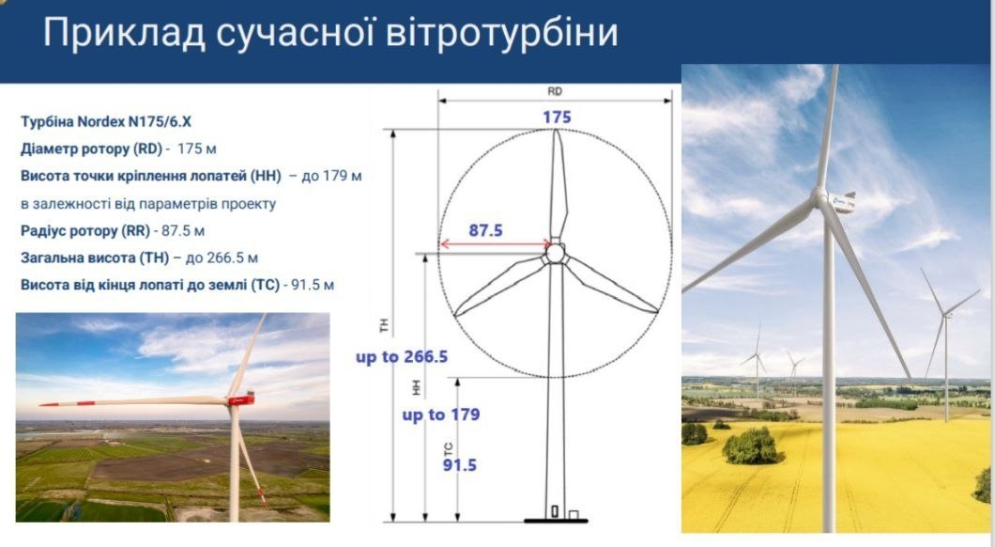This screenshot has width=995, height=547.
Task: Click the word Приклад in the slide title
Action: click(124, 33)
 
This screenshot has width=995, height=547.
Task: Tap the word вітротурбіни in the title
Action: click(501, 32)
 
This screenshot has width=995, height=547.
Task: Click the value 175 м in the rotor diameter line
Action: click(197, 148)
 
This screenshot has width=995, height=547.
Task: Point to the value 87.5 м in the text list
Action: click(183, 230)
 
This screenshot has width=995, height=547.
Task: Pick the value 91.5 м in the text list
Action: click(313, 285)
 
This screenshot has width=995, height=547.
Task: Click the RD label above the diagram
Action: click(555, 91)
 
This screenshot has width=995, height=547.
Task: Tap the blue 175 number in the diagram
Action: click(557, 117)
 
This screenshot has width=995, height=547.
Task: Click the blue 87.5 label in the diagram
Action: click(485, 230)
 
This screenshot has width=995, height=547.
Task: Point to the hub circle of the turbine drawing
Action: click(556, 254)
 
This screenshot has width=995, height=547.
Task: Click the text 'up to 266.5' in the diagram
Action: click(402, 357)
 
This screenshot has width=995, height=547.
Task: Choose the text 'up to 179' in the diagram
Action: click(441, 414)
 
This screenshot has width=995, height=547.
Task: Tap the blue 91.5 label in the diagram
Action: click(459, 465)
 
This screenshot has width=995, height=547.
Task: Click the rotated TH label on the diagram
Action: click(384, 325)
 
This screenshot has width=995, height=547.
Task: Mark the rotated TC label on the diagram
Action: click(449, 449)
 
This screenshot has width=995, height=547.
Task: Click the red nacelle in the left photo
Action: click(242, 399)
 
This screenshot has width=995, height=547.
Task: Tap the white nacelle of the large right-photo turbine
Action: click(841, 202)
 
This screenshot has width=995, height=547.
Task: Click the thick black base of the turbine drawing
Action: click(556, 521)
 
